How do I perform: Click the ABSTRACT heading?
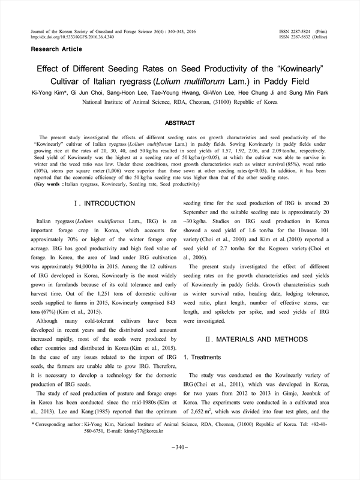(180, 123)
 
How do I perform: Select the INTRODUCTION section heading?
(104, 204)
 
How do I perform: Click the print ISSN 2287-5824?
(304, 30)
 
